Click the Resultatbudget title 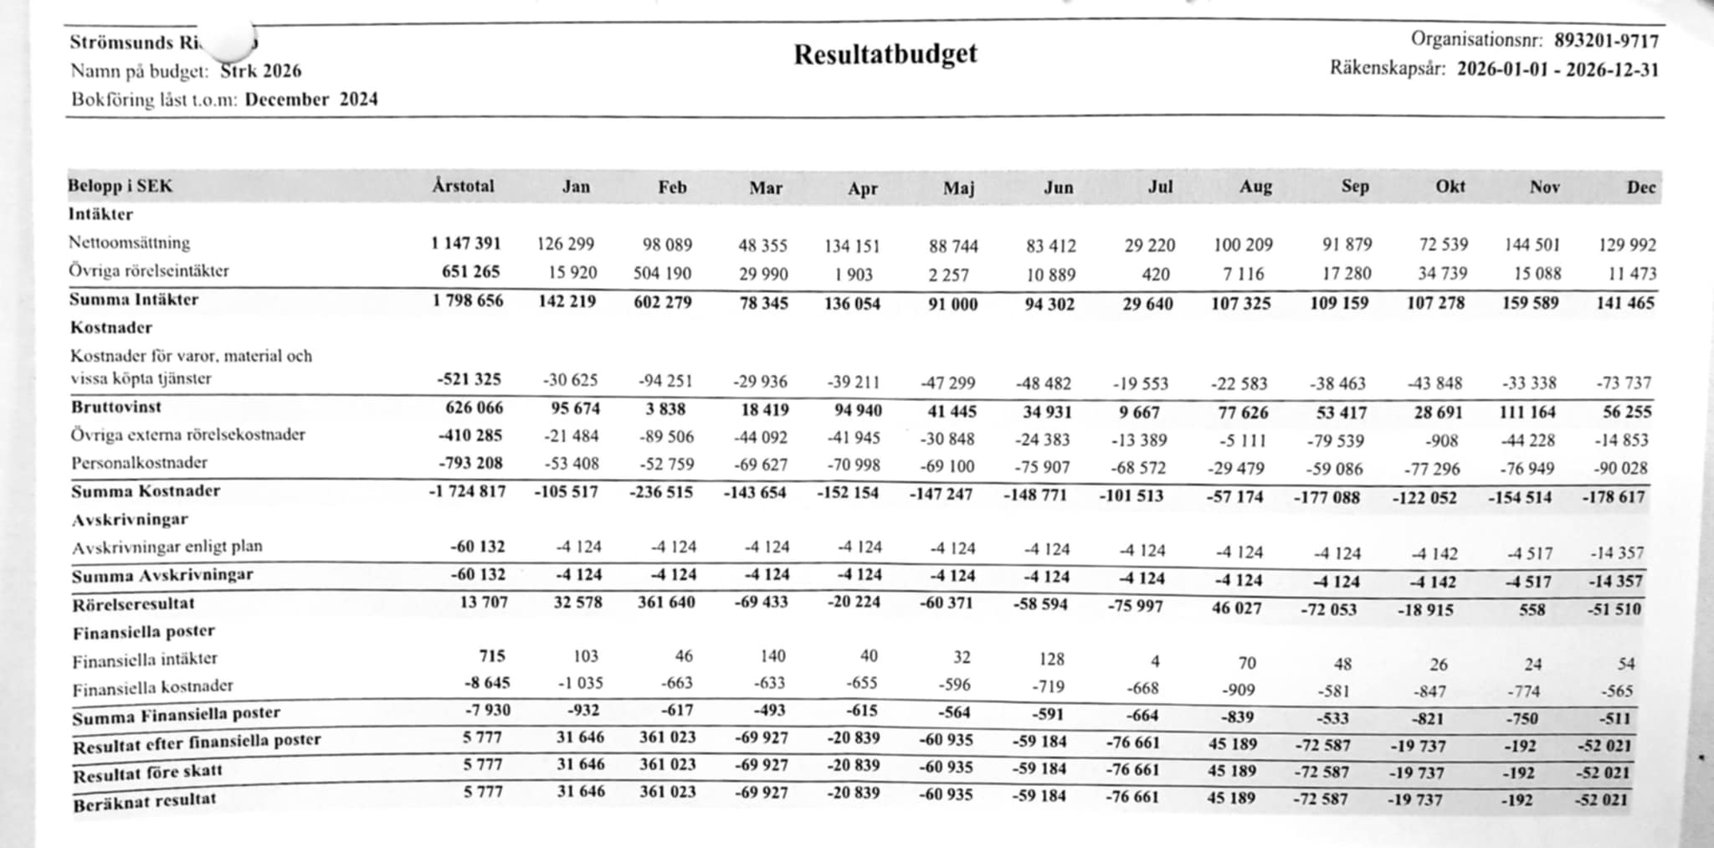tap(885, 54)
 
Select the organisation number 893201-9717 tap(1606, 41)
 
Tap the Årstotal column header tap(463, 186)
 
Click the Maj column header tap(959, 188)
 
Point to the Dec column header tap(1640, 188)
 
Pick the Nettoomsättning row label tap(130, 243)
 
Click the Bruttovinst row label tap(116, 408)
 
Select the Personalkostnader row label tap(139, 463)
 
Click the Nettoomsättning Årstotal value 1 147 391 tap(466, 244)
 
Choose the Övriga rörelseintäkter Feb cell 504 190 tap(662, 273)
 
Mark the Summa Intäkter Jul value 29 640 tap(1147, 303)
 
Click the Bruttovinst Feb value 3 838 tap(666, 409)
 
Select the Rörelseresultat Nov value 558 tap(1532, 609)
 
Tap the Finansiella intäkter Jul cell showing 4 tap(1155, 661)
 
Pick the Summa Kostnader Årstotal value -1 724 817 tap(467, 491)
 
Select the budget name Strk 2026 tap(261, 71)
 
